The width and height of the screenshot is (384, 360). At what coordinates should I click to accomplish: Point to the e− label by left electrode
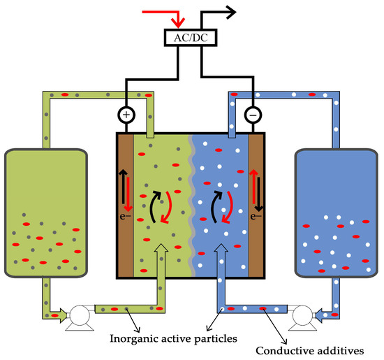[124, 217]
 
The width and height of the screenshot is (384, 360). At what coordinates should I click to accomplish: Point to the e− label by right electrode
[256, 217]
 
